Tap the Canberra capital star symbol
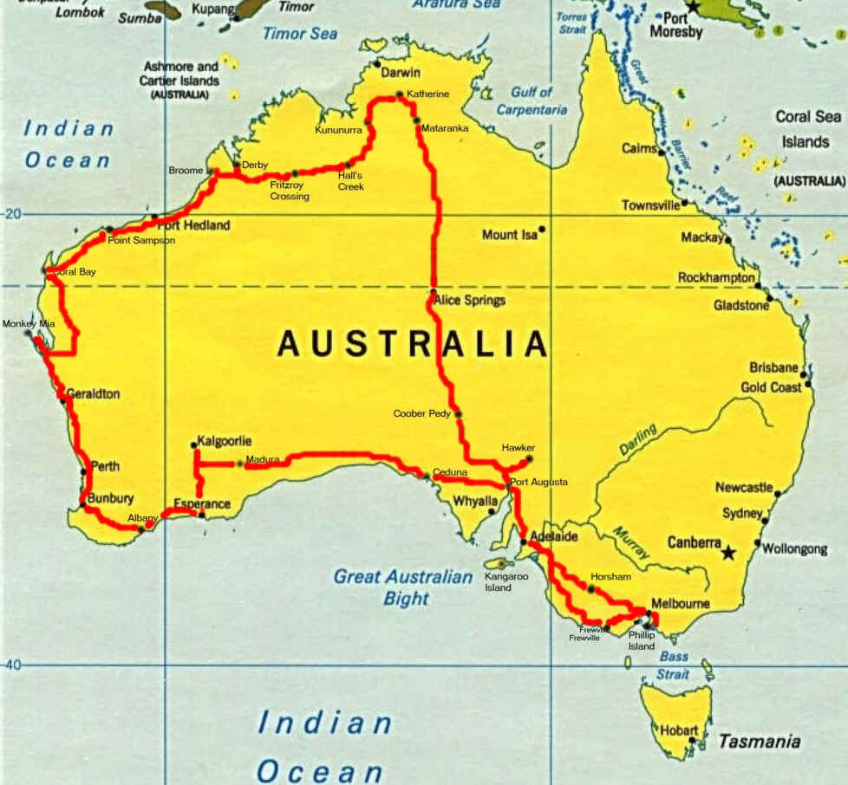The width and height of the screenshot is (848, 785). pyautogui.click(x=728, y=552)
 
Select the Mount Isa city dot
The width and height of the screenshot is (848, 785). pyautogui.click(x=542, y=230)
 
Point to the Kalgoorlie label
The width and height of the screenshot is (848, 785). pyautogui.click(x=225, y=441)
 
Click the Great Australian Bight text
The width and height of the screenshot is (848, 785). pyautogui.click(x=404, y=587)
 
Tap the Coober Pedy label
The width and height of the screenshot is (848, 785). pyautogui.click(x=422, y=414)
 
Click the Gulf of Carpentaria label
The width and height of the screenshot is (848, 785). pyautogui.click(x=532, y=101)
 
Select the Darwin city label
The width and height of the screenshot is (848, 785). pyautogui.click(x=401, y=73)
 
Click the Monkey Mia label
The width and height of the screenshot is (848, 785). pyautogui.click(x=28, y=323)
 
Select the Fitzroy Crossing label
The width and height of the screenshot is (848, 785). pyautogui.click(x=289, y=191)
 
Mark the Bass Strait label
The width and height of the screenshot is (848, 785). pyautogui.click(x=674, y=665)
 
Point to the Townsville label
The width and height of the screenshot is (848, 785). pyautogui.click(x=649, y=205)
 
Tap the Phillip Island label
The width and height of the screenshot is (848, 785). pyautogui.click(x=642, y=640)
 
